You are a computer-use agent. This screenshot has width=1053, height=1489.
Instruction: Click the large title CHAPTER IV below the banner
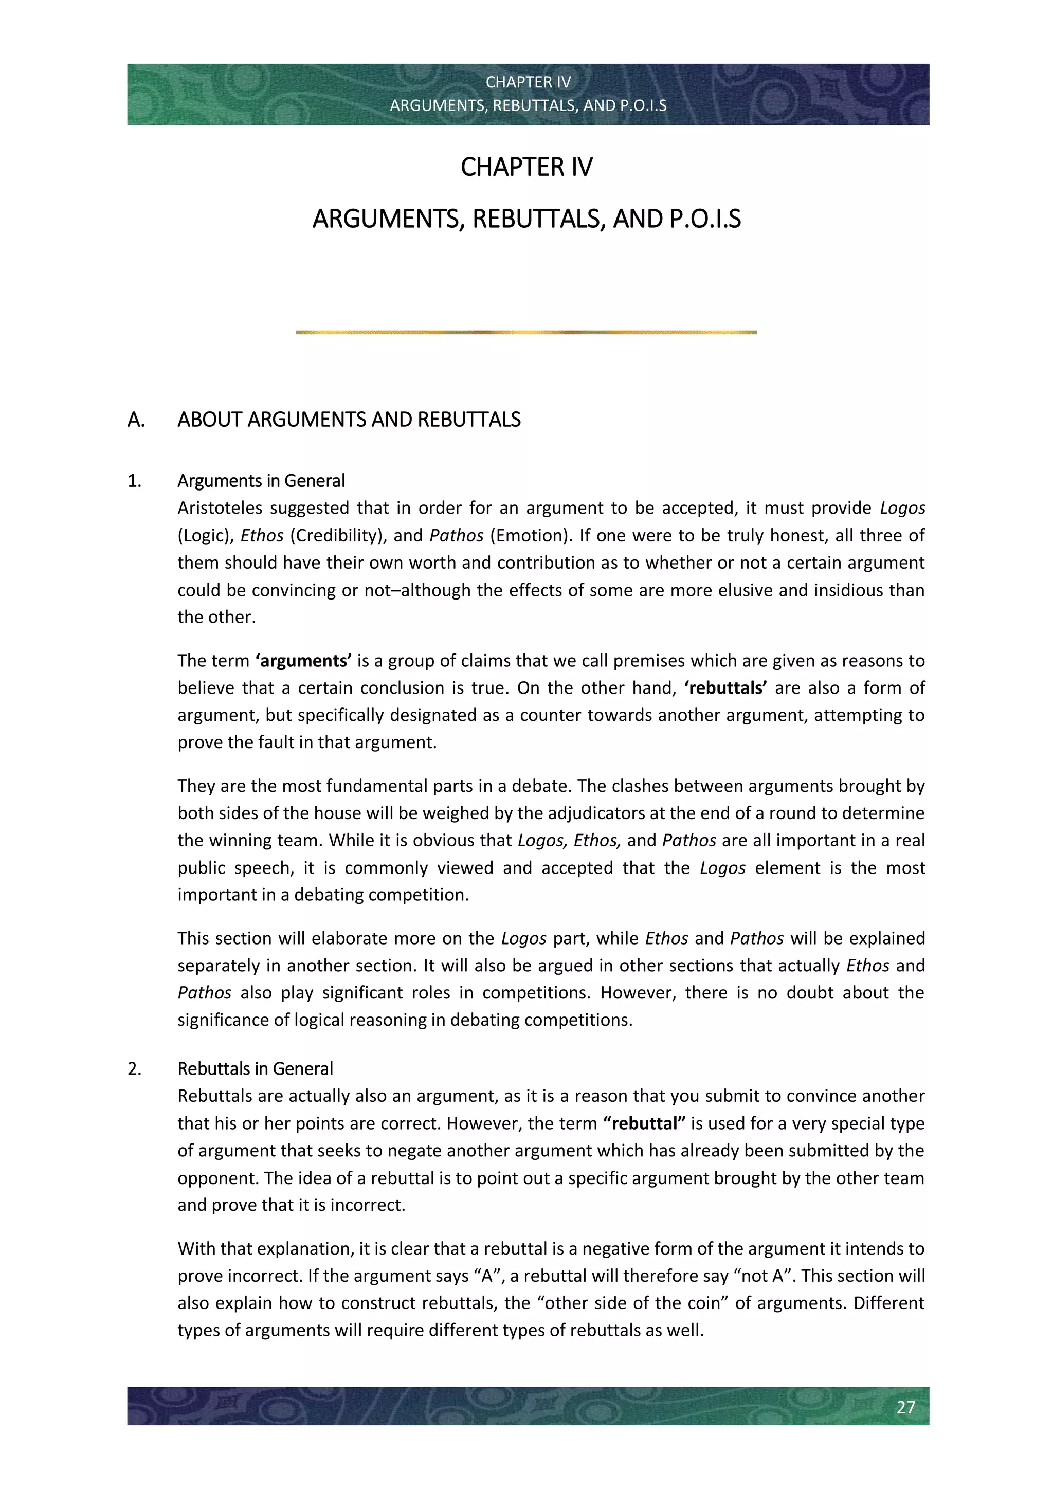click(x=526, y=167)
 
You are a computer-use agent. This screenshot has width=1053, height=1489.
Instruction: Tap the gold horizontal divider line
click(x=526, y=332)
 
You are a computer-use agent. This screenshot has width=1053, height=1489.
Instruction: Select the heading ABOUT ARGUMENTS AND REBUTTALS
click(x=349, y=420)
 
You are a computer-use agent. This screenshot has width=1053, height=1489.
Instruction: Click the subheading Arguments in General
click(x=261, y=481)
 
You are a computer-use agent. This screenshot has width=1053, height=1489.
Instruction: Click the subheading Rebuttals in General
click(x=256, y=1069)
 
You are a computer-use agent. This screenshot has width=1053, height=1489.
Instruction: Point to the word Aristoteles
click(x=219, y=508)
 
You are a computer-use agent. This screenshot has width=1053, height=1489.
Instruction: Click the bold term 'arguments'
click(x=303, y=661)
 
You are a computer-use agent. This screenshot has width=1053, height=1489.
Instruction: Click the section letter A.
click(x=136, y=420)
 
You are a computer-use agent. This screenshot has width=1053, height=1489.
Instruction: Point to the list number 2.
click(x=134, y=1069)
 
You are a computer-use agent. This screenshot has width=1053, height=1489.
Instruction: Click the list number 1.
click(x=134, y=481)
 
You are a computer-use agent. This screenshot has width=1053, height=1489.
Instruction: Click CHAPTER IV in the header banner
click(x=528, y=82)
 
